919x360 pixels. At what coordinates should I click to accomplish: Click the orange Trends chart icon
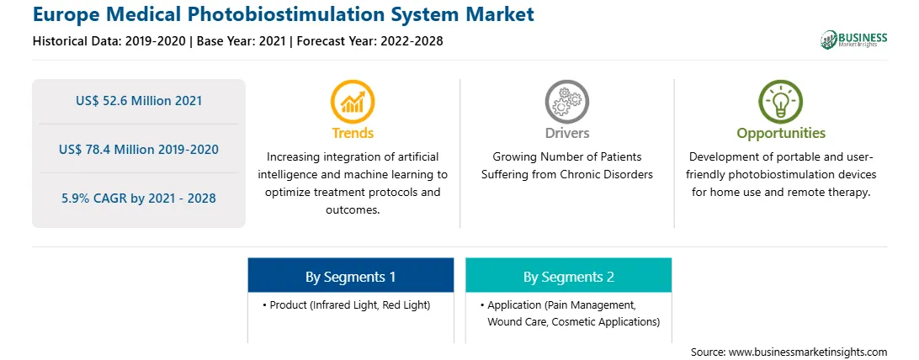tap(353, 101)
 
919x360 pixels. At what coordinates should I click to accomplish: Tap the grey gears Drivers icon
tap(566, 101)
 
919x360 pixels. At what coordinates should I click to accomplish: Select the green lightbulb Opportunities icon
tap(781, 101)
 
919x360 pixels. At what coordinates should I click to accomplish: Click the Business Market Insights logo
tap(853, 40)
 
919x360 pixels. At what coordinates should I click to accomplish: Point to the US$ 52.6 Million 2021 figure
tap(139, 101)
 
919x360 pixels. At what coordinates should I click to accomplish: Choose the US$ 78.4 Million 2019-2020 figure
tap(139, 149)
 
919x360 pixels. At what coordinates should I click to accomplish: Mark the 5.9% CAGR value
tap(139, 199)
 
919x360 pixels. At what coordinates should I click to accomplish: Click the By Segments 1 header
tap(350, 276)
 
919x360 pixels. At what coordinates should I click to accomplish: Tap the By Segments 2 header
tap(569, 276)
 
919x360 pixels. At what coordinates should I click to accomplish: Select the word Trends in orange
tap(353, 134)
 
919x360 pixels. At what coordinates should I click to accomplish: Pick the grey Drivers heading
tap(566, 134)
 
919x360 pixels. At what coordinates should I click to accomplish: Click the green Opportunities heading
tap(781, 134)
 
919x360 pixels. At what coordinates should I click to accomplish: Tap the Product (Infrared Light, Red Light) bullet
tap(347, 305)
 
